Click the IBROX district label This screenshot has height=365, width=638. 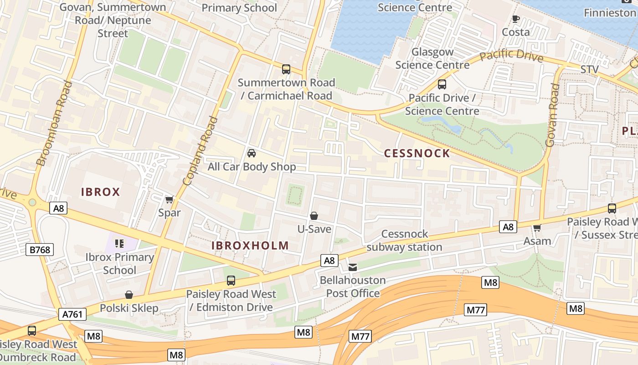[100, 192]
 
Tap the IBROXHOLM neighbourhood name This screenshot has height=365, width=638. [250, 245]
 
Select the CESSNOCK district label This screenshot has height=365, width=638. [417, 153]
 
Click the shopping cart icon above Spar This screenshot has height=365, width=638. [170, 199]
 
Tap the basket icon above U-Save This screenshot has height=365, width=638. [314, 216]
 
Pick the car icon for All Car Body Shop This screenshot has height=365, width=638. [251, 153]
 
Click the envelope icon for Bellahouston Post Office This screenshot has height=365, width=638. [353, 267]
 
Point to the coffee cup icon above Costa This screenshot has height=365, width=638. [515, 19]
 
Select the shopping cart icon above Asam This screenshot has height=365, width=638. [537, 228]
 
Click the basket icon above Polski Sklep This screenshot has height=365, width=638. [129, 295]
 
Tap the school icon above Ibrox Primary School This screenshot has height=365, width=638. [119, 244]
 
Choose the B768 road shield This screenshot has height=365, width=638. [40, 250]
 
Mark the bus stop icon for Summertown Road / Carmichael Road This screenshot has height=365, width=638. [286, 69]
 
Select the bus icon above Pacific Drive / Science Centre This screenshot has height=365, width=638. [442, 84]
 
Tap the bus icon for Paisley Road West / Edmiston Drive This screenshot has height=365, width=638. [231, 281]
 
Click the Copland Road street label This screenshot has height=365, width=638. [200, 151]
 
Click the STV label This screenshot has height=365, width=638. [589, 69]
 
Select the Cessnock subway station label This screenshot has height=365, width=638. [404, 240]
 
